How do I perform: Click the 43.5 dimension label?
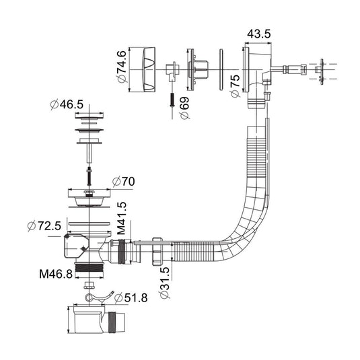tap(259, 34)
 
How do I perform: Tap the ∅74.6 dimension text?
tap(122, 67)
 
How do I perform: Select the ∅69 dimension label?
tap(185, 108)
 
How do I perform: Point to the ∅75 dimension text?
tap(235, 86)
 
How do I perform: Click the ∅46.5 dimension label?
tap(67, 105)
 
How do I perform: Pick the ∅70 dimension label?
tap(124, 182)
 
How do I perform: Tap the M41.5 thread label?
tap(121, 218)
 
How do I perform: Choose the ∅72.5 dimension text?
tap(44, 226)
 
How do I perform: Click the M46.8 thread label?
tap(56, 274)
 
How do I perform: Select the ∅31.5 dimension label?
tap(165, 283)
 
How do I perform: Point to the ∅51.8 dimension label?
tap(131, 298)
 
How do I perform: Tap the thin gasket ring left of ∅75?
tap(221, 69)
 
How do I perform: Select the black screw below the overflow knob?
tap(172, 100)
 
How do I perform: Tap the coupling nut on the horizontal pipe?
tap(157, 252)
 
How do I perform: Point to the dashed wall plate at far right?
tap(322, 71)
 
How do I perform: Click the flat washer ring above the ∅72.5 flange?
tap(89, 223)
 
